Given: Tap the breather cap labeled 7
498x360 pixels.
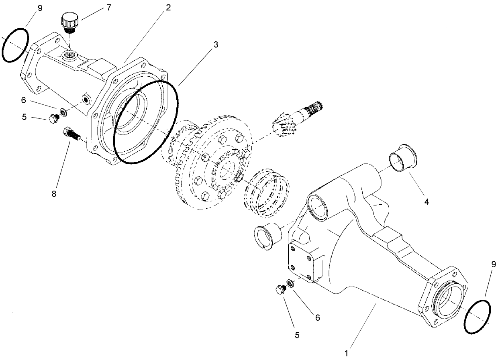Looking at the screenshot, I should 69,22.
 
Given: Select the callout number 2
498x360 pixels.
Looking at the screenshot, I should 168,8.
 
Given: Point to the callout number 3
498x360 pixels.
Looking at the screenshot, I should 216,45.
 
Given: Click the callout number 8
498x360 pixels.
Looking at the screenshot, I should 54,194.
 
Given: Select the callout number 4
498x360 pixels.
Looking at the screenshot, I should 427,202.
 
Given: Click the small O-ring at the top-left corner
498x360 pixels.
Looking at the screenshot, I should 15,45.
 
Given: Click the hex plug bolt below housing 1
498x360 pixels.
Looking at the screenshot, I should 280,290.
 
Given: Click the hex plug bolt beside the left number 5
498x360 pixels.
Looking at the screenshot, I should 53,118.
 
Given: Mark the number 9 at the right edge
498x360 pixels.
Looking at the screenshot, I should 493,264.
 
